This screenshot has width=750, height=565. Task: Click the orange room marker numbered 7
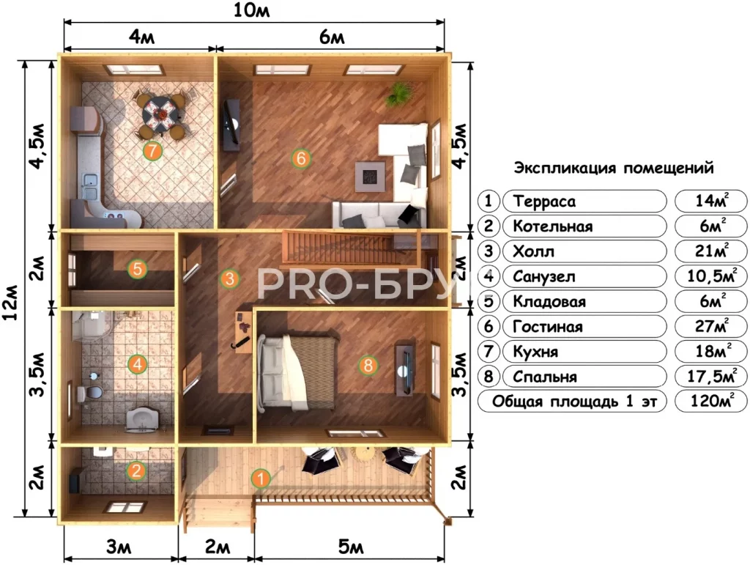(152, 151)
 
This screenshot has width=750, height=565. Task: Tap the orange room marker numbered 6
(301, 158)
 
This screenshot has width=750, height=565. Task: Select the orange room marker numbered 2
(136, 470)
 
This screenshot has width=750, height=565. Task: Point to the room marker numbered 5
(138, 269)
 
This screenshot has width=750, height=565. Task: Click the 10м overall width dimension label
(252, 10)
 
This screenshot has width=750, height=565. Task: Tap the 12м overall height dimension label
(10, 303)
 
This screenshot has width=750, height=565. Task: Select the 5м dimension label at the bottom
(351, 547)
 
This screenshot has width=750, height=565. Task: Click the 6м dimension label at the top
(332, 37)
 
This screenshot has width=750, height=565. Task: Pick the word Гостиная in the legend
(548, 327)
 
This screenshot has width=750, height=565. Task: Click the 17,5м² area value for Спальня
(711, 375)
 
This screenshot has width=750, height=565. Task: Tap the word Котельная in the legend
(552, 226)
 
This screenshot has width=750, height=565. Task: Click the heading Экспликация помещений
(614, 168)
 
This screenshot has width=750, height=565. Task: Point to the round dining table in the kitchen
(163, 113)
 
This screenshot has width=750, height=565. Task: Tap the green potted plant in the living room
(399, 93)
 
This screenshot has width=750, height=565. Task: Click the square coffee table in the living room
(370, 176)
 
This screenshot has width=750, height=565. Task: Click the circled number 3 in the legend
(489, 251)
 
